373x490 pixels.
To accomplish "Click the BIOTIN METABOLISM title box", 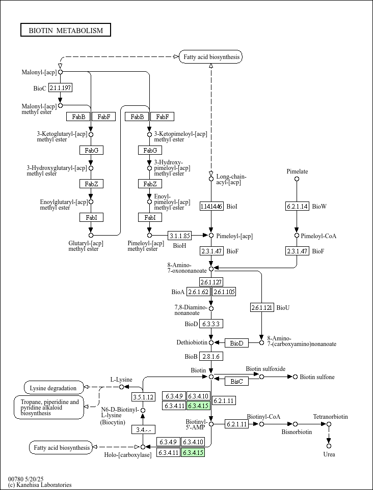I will pos(66,30).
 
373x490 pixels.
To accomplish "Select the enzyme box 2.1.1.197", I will pos(60,88).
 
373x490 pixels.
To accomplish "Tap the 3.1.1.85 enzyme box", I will pos(180,236).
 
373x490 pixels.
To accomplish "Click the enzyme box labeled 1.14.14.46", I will pos(211,206).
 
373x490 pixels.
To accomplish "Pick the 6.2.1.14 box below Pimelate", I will pos(297,206).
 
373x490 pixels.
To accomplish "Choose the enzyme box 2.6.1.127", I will pos(211,282).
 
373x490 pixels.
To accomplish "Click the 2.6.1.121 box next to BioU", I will pos(262,307).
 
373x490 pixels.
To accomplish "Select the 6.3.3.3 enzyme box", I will pos(211,324).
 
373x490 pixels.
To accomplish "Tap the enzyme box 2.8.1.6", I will pos(211,356).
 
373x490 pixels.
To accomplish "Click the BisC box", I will pos(237,381).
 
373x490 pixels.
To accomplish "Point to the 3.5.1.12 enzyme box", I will pos(143,397).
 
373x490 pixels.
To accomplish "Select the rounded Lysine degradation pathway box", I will pos(54,388).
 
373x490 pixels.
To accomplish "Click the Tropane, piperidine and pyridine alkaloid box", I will pos(49,408).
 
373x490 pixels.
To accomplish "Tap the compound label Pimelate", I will pos(297,171).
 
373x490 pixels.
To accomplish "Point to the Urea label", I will pos(329,454).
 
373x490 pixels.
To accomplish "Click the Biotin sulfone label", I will pos(317,377).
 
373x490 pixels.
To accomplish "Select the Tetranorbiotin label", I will pos(330,417).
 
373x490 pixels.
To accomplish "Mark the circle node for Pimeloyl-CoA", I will pos(297,236).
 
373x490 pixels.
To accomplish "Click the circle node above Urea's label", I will pos(329,446).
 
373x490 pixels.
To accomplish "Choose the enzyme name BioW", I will pos(319,206).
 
